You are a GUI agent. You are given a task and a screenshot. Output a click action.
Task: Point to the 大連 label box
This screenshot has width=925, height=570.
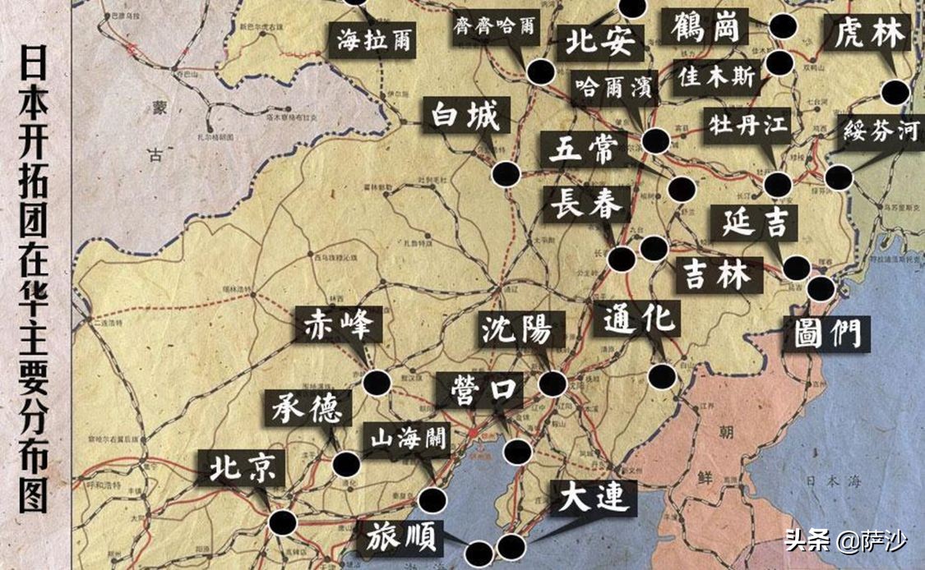(593, 497)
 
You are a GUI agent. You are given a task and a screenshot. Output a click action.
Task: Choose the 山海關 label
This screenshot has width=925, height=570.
(407, 441)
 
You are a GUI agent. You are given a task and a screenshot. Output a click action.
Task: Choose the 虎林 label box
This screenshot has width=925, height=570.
(869, 34)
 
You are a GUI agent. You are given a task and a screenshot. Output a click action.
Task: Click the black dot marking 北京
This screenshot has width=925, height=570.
(284, 522)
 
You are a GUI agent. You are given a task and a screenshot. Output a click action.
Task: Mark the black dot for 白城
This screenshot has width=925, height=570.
(506, 174)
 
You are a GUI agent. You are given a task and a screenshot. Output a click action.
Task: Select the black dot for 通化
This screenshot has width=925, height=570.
(662, 376)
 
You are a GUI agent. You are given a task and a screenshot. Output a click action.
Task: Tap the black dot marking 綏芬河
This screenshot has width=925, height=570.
(838, 177)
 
